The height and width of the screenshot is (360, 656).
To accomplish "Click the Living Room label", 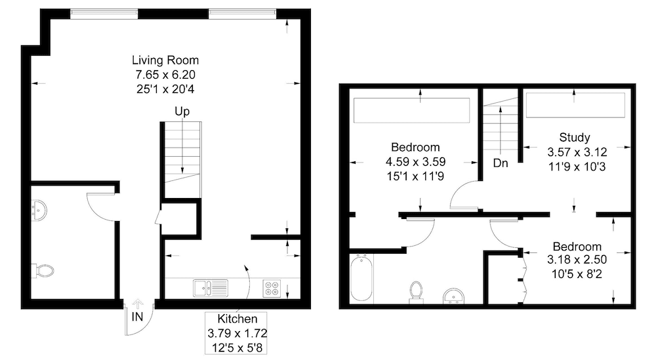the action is click(165, 60).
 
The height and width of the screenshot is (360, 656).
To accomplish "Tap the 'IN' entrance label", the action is click(137, 317).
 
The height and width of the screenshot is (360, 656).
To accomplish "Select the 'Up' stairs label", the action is click(182, 111).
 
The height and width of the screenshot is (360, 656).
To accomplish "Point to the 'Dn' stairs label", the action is click(501, 163).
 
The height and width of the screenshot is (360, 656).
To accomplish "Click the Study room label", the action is click(575, 138).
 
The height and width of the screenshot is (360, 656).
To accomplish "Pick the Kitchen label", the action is click(237, 319).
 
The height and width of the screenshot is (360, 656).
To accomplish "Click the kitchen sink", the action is click(211, 288).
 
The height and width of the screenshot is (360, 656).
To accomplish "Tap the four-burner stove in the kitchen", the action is click(272, 289).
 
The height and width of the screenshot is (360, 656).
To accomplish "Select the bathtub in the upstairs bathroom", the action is click(361, 278).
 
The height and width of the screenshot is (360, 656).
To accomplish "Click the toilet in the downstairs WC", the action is click(43, 271).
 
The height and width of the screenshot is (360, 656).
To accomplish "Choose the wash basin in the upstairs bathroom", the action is click(453, 296).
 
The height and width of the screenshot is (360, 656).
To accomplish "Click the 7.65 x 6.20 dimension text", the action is click(165, 75).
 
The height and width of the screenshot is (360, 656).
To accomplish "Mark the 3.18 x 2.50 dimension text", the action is click(577, 260).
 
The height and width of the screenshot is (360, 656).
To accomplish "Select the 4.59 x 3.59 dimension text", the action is click(415, 162).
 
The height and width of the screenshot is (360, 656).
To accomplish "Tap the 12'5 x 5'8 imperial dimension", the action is click(237, 348).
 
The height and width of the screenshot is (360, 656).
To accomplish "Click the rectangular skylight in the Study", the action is click(575, 105).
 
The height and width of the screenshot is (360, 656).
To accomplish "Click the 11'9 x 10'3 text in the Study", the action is click(577, 167).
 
